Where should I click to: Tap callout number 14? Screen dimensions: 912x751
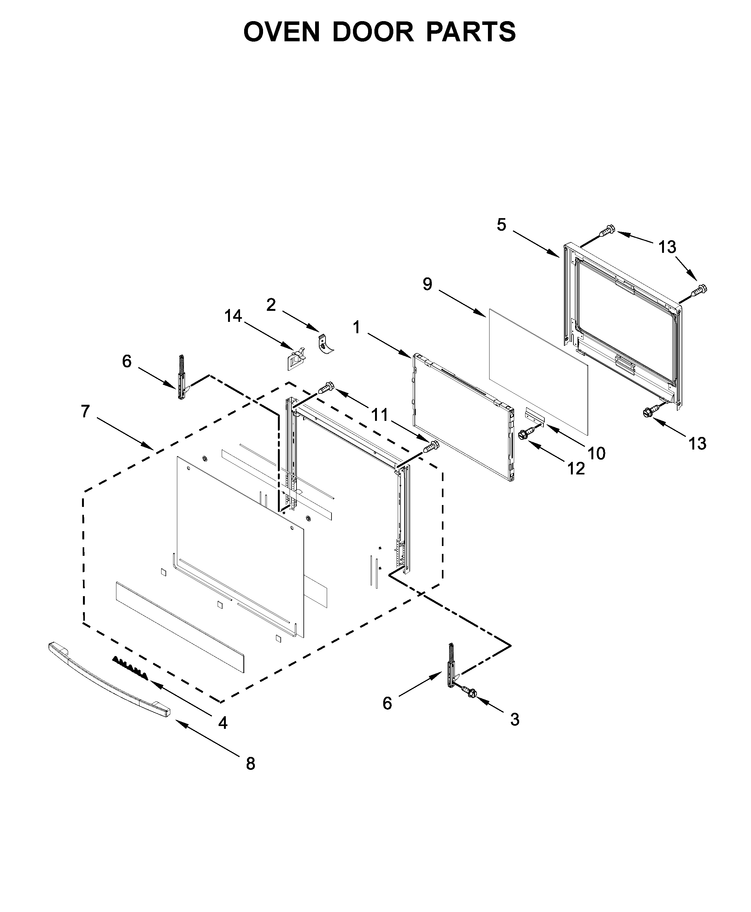point(233,316)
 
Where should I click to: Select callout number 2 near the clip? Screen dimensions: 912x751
point(271,305)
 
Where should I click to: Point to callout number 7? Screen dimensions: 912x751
point(85,411)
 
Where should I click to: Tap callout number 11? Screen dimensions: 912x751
point(380,415)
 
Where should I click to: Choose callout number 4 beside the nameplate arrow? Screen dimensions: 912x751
point(222,723)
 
